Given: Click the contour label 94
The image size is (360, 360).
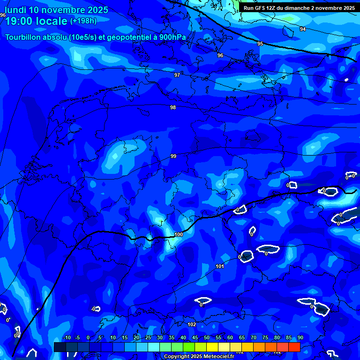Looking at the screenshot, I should coord(303,29).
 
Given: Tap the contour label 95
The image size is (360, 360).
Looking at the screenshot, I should coord(260,44).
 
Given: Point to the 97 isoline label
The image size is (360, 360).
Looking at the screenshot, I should coord(177,75).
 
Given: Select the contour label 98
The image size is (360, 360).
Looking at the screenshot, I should coord(173,107).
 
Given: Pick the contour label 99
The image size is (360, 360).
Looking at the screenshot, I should coord(173,156).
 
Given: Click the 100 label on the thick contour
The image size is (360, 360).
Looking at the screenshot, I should coord(179,234).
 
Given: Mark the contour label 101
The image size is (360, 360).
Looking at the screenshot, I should coord(220,266).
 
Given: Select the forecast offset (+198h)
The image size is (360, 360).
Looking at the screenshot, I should coord(83,22).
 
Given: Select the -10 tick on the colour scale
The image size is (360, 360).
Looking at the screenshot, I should coord(67,337).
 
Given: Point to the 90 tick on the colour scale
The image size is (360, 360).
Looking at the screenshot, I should coord(300,337).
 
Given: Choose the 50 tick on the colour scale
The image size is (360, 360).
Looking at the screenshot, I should coord(207,337).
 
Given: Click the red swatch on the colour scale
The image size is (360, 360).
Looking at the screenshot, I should coord(294,347).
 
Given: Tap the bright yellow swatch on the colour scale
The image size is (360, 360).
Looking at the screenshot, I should coord(212,347).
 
